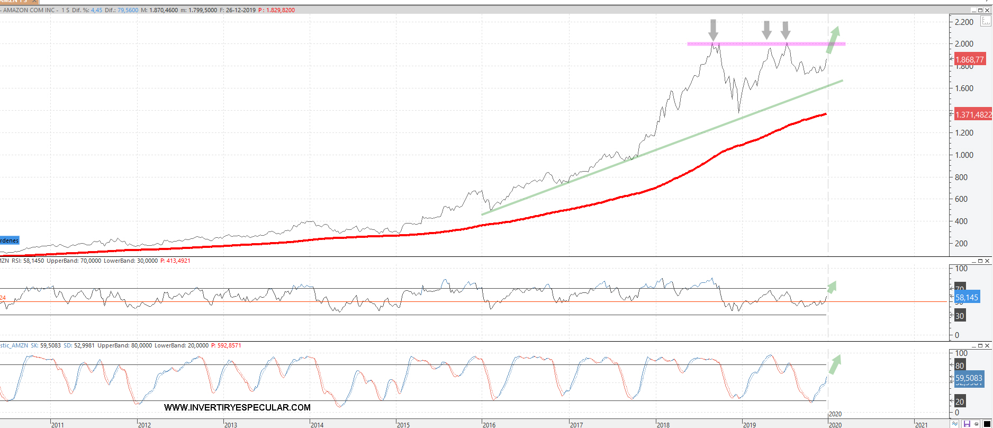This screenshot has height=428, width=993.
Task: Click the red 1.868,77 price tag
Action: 969,60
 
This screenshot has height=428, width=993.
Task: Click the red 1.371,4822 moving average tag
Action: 973,114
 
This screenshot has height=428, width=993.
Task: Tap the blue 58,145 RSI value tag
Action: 967,298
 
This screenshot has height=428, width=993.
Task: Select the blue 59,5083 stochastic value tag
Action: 969,378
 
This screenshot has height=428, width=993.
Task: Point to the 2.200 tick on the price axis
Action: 964,22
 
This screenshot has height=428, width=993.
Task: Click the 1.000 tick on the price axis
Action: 964,155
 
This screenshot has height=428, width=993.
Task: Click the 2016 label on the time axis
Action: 489,425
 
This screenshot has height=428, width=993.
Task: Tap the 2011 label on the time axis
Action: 57,425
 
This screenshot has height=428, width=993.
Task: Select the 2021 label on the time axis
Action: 921,425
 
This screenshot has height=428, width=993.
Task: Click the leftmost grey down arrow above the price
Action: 714,29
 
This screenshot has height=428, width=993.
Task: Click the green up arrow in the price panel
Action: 833,40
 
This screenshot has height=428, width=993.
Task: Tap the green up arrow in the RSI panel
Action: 832,287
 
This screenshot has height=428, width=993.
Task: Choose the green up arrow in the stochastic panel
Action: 834,364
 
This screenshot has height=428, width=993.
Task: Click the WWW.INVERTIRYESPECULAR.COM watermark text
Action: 237,407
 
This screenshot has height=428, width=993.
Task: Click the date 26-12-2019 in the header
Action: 241,10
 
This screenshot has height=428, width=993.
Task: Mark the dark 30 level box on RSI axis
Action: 960,316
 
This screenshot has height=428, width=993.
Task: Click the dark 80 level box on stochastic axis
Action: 960,365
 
